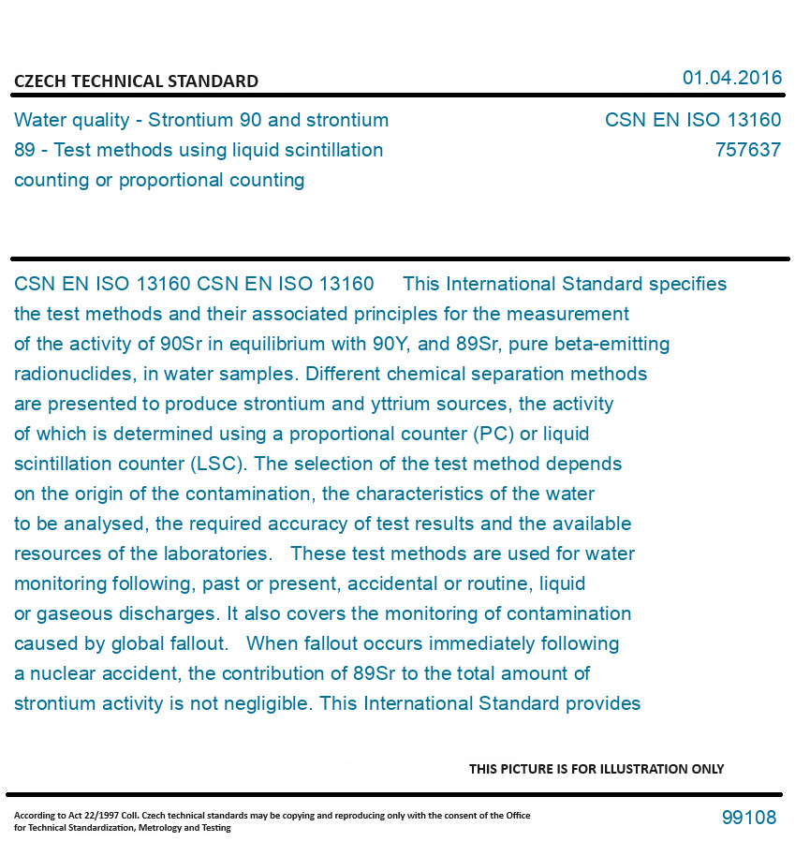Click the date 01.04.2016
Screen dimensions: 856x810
tap(731, 78)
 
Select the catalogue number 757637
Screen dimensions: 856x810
tap(747, 150)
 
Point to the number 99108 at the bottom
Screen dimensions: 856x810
tap(748, 818)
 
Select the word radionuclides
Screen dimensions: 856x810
tap(74, 374)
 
